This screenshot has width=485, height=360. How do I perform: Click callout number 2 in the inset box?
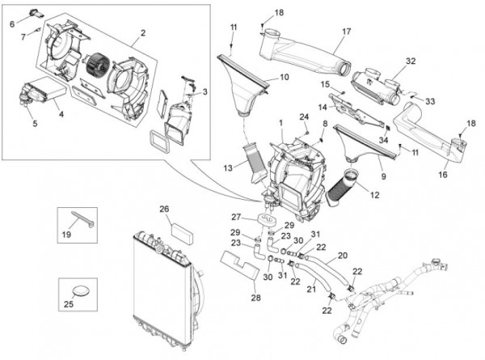pyautogui.click(x=142, y=33)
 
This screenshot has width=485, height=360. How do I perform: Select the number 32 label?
pyautogui.click(x=411, y=61)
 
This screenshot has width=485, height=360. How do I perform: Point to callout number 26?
pyautogui.click(x=164, y=210)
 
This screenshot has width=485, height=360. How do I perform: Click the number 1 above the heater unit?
pyautogui.click(x=280, y=123)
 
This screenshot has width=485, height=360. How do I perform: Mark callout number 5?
pyautogui.click(x=35, y=124)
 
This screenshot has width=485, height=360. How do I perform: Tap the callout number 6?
pyautogui.click(x=12, y=23)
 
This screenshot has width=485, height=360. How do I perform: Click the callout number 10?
pyautogui.click(x=284, y=78)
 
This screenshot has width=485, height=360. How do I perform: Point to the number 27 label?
pyautogui.click(x=236, y=217)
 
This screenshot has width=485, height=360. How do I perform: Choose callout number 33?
pyautogui.click(x=430, y=101)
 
